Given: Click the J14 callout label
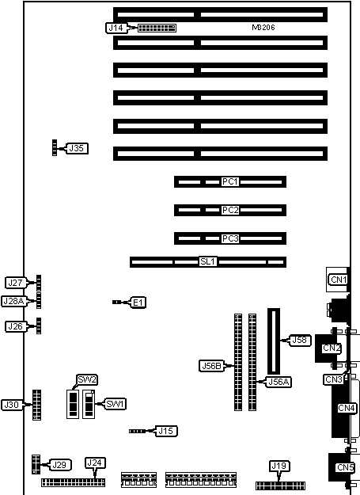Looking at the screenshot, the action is tap(116, 28).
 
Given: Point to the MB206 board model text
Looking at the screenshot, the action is tap(263, 28).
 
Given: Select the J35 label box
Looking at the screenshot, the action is tap(77, 148).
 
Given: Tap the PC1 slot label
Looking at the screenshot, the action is tap(230, 182).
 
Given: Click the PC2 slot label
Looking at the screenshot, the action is tap(230, 210).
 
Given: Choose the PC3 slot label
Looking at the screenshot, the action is tap(230, 238).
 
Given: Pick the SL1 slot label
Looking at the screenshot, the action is tap(208, 261).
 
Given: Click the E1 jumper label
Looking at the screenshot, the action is tap(138, 303).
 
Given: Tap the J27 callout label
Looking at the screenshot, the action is tap(15, 283).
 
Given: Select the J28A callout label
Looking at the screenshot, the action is tap(13, 301).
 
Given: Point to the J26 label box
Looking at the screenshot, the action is tap(15, 326).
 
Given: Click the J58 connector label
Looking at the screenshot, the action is tap(300, 340).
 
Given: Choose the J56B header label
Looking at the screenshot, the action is tap(211, 366).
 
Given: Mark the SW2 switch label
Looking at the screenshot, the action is tap(87, 380).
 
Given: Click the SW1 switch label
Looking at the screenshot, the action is tap(116, 404).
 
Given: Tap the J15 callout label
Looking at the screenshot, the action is tap(166, 431).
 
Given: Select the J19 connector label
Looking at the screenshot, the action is tap(279, 466).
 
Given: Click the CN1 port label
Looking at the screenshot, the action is tap(339, 280).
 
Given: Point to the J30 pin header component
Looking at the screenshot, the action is tap(36, 405).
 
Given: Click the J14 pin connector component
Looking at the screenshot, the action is tap(157, 28).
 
